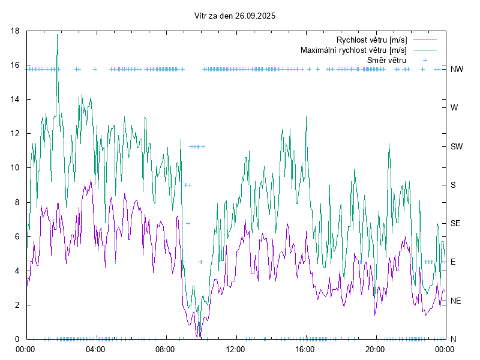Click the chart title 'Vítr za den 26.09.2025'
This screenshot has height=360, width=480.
[x=235, y=16]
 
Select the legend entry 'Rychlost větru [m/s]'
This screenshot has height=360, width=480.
[x=371, y=40]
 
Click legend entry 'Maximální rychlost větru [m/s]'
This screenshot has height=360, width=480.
[x=353, y=50]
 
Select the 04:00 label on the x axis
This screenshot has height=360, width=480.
[x=95, y=349]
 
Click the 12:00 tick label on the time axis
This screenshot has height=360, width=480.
[x=235, y=349]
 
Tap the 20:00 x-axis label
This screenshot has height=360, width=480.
[x=375, y=349]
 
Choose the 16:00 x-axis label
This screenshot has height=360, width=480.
[x=305, y=349]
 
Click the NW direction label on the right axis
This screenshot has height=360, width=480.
[x=457, y=69]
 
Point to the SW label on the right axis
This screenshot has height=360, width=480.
[x=457, y=146]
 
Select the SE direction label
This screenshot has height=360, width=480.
[x=455, y=223]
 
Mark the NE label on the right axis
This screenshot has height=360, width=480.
[x=455, y=301]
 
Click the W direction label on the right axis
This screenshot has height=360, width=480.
[x=454, y=108]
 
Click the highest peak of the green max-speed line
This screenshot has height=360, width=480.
[x=58, y=35]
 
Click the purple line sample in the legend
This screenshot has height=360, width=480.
[x=425, y=40]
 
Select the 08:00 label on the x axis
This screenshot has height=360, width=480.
[x=165, y=349]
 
